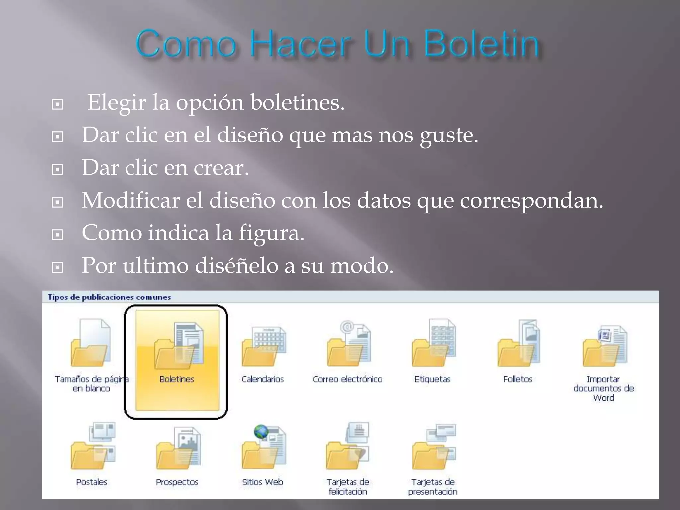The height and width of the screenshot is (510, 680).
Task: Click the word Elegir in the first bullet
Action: point(116,102)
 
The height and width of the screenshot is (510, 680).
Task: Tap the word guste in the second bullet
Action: point(448,135)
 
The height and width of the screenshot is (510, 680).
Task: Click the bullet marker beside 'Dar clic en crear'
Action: point(58,169)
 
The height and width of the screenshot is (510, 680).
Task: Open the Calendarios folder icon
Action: point(263,347)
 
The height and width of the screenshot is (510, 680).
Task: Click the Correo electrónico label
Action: point(347,379)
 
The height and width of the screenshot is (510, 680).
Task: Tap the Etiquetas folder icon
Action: point(433,345)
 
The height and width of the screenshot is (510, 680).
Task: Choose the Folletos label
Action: point(517,379)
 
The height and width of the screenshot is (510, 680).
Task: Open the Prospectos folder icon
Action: point(178,448)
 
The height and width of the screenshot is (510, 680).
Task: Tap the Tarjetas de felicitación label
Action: point(348,487)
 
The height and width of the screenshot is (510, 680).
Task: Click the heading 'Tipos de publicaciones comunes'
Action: point(109,297)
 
